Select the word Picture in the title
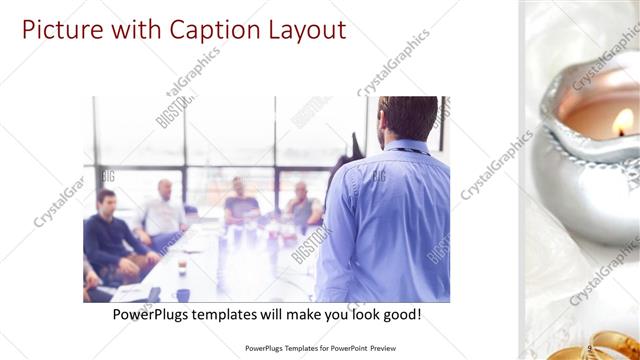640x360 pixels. click(60, 29)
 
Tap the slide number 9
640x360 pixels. click(591, 349)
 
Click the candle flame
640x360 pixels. click(624, 122)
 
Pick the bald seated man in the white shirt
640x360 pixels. click(163, 210)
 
